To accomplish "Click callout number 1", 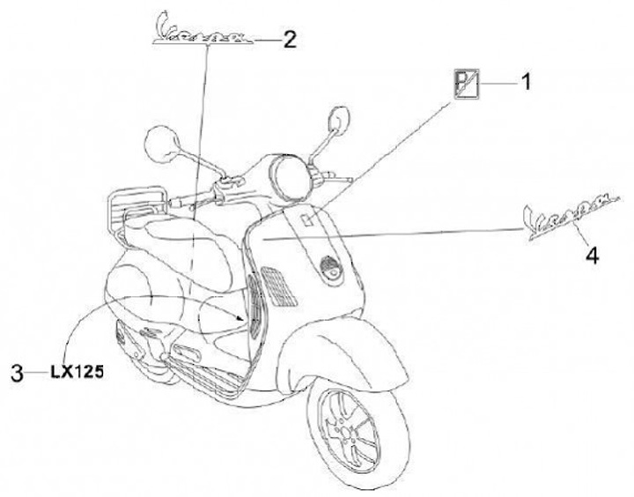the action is [527, 83].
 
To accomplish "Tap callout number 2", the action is [290, 38].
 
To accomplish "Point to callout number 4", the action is [593, 256].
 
